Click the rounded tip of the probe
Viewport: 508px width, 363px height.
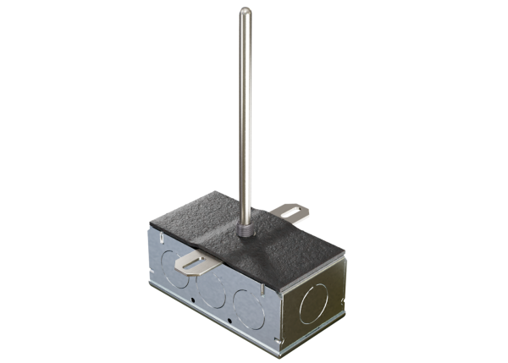click(245, 12)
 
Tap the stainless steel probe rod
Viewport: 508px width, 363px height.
click(245, 110)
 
